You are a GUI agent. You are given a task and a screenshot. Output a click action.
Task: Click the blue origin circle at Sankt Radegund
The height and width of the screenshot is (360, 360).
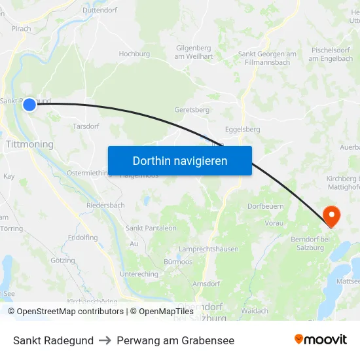coord(29,104)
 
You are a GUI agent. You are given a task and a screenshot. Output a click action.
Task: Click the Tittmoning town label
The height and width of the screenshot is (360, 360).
coord(29,143)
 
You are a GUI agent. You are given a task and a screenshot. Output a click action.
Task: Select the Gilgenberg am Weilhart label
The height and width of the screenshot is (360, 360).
coord(194,52)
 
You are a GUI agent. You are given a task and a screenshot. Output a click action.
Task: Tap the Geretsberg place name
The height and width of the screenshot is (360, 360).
coord(192,110)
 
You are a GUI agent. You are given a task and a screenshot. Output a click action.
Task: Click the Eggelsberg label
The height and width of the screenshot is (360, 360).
coord(242,130)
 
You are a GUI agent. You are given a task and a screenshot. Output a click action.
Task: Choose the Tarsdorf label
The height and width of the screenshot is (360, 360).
coord(86,126)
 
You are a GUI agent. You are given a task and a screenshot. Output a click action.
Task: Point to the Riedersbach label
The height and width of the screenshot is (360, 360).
coord(105,205)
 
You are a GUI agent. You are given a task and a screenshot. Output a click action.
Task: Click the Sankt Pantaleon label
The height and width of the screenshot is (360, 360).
coord(151,228)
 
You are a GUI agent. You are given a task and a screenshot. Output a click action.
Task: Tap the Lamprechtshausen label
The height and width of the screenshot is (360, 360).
coord(208,249)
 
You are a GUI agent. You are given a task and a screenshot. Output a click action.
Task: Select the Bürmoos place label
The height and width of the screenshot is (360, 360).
coord(178,261)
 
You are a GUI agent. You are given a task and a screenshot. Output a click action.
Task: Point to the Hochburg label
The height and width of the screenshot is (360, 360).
coord(134,54)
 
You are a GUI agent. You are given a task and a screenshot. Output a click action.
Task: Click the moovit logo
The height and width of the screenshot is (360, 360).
coord(320,340)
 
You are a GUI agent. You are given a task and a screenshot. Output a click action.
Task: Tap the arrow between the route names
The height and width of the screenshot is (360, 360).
coord(105,340)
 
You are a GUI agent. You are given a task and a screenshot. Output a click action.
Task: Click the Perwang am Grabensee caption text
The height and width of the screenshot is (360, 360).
coord(175,340)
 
